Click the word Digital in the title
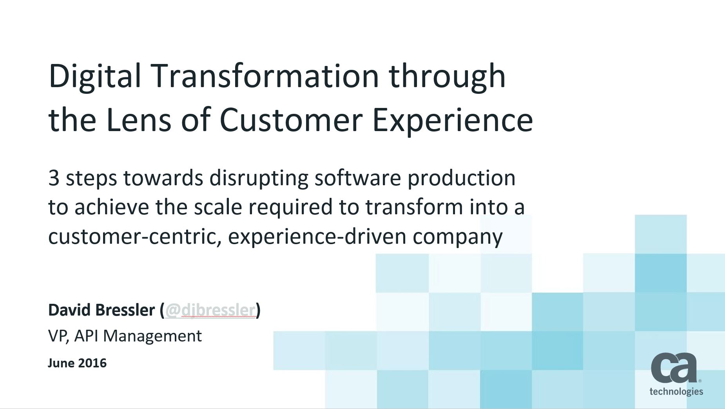click(x=94, y=76)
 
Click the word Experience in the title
click(x=452, y=120)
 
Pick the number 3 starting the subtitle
click(x=54, y=178)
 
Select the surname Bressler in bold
click(x=125, y=310)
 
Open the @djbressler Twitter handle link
click(x=210, y=310)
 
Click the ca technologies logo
click(x=676, y=374)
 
